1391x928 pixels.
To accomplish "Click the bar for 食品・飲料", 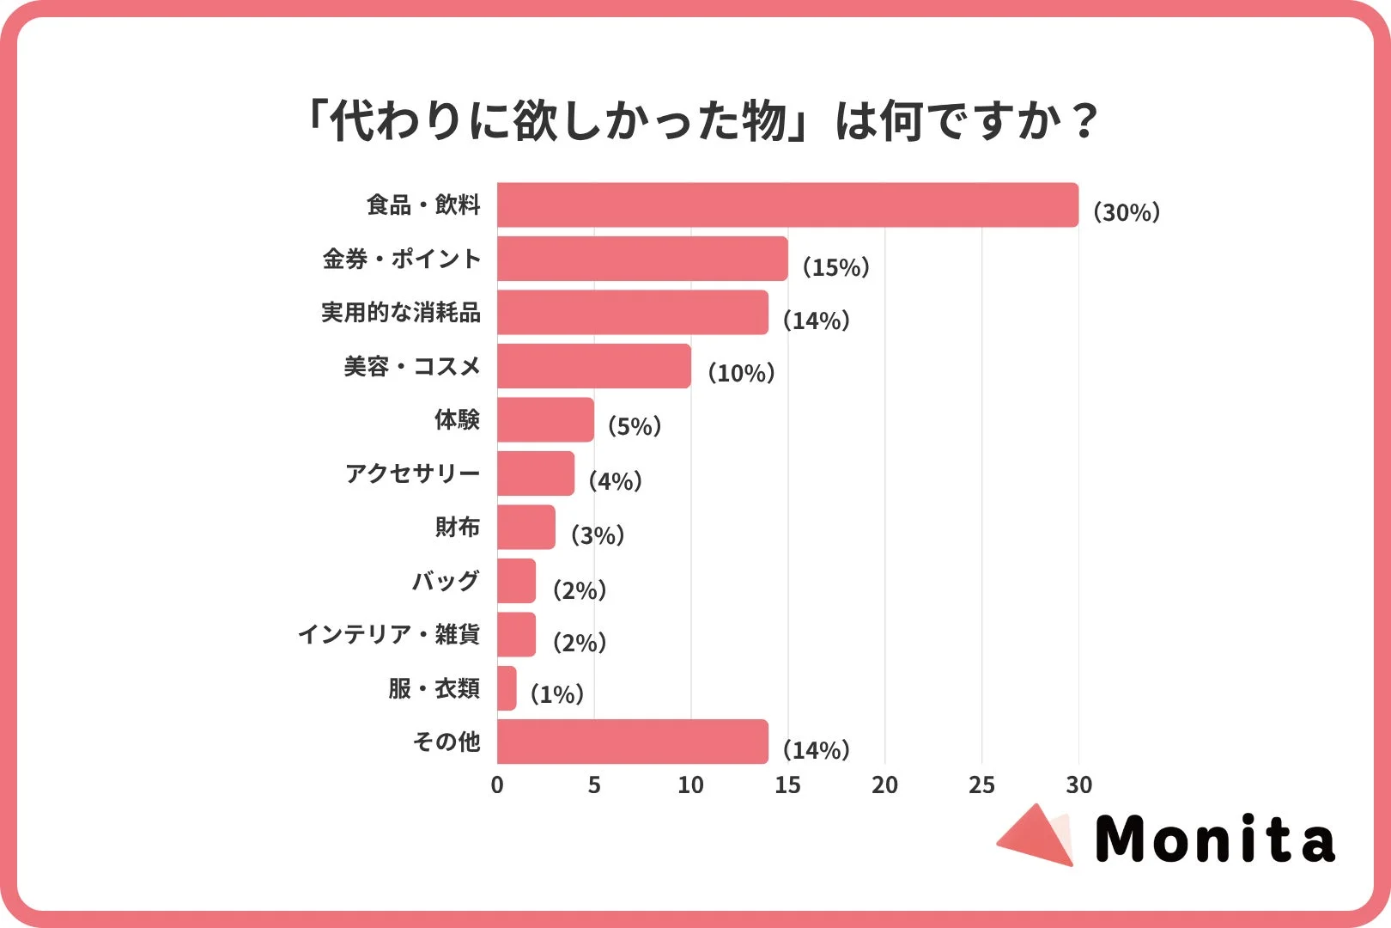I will [787, 205].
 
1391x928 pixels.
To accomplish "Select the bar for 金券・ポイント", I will [642, 259].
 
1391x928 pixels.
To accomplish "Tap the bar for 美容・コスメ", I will [593, 366].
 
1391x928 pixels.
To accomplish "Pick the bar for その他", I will [632, 742].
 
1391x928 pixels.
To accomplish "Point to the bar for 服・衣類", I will [507, 688].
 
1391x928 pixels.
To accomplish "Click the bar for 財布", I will [525, 527].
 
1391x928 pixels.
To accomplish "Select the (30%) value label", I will [1126, 212].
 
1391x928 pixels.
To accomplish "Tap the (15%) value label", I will [835, 267].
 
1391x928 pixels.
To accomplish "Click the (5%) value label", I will [634, 426].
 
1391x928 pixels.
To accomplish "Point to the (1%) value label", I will [556, 694].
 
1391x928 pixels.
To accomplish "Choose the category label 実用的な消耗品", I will [401, 313].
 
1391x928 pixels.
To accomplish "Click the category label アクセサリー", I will [412, 473].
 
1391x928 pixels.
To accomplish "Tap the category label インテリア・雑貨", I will [388, 635].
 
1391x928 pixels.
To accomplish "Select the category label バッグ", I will [445, 581].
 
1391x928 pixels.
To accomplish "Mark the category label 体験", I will [457, 420].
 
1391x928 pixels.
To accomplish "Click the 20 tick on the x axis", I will [884, 785].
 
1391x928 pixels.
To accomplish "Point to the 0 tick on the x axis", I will [497, 785].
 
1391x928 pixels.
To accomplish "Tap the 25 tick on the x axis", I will [981, 785].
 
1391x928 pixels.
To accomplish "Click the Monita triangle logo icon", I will [1037, 836].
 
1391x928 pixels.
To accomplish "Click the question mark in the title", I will [1084, 120].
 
